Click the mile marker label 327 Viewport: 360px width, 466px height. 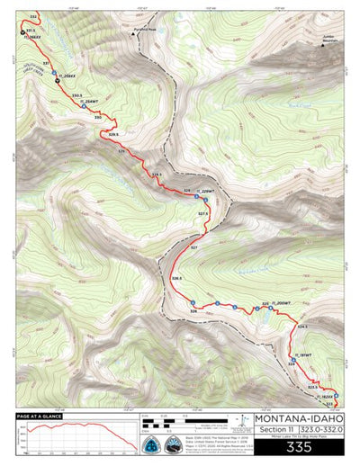pos(193,246)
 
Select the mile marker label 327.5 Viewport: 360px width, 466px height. pos(203,213)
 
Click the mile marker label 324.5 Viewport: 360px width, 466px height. pos(303,326)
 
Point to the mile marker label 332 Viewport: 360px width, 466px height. pos(33,17)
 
